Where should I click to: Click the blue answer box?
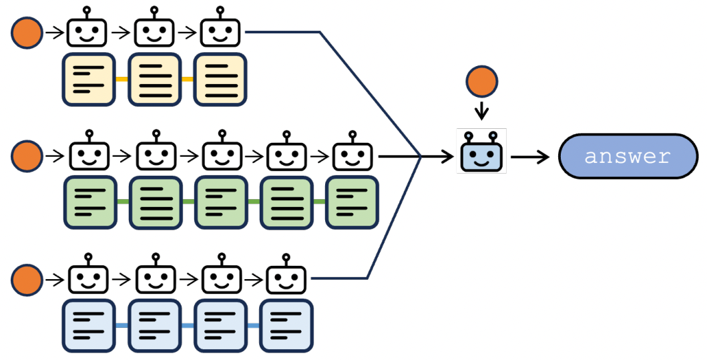pyautogui.click(x=628, y=156)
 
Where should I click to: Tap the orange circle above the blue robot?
pyautogui.click(x=481, y=82)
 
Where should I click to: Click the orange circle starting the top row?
pyautogui.click(x=27, y=32)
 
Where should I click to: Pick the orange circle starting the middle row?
pyautogui.click(x=27, y=157)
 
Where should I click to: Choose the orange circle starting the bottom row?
pyautogui.click(x=27, y=279)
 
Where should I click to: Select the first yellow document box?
pyautogui.click(x=88, y=79)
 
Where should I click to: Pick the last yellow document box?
pyautogui.click(x=220, y=79)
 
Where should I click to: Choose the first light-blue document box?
pyautogui.click(x=89, y=326)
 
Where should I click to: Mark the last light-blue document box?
pyautogui.click(x=286, y=326)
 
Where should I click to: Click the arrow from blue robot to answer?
pyautogui.click(x=530, y=157)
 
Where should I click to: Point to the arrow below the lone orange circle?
pyautogui.click(x=481, y=111)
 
